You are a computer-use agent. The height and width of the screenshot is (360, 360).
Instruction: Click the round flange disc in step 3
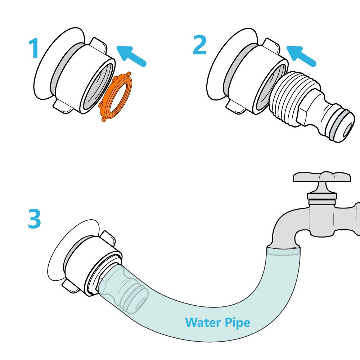(58, 252)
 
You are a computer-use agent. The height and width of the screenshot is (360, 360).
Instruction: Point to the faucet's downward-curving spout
(284, 227)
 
